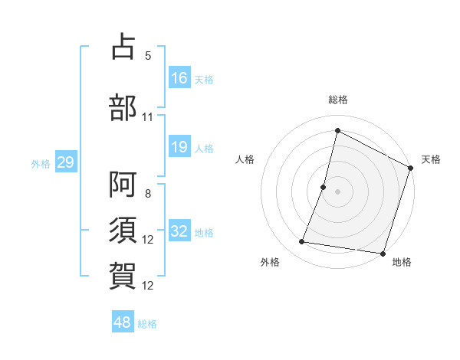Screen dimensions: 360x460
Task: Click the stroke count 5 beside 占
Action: tap(148, 56)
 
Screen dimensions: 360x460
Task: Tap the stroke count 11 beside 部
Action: tap(148, 116)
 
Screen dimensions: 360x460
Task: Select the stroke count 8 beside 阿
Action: tap(148, 193)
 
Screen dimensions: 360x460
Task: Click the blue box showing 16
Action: tap(179, 77)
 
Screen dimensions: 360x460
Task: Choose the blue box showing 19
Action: tap(179, 147)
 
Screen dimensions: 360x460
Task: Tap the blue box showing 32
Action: tap(179, 231)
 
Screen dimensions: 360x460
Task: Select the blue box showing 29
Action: tap(65, 162)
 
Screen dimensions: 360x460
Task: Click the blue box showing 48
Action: tap(123, 322)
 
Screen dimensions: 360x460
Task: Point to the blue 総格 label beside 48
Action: tap(147, 324)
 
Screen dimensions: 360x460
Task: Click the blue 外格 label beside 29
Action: tap(41, 163)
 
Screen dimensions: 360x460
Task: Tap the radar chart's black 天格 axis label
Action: tap(431, 159)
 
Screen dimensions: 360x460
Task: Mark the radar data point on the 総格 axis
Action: tap(337, 131)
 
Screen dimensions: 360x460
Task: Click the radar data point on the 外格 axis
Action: tap(302, 242)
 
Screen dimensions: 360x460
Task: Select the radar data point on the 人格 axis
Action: tap(324, 187)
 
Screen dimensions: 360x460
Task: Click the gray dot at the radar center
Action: tap(337, 191)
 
